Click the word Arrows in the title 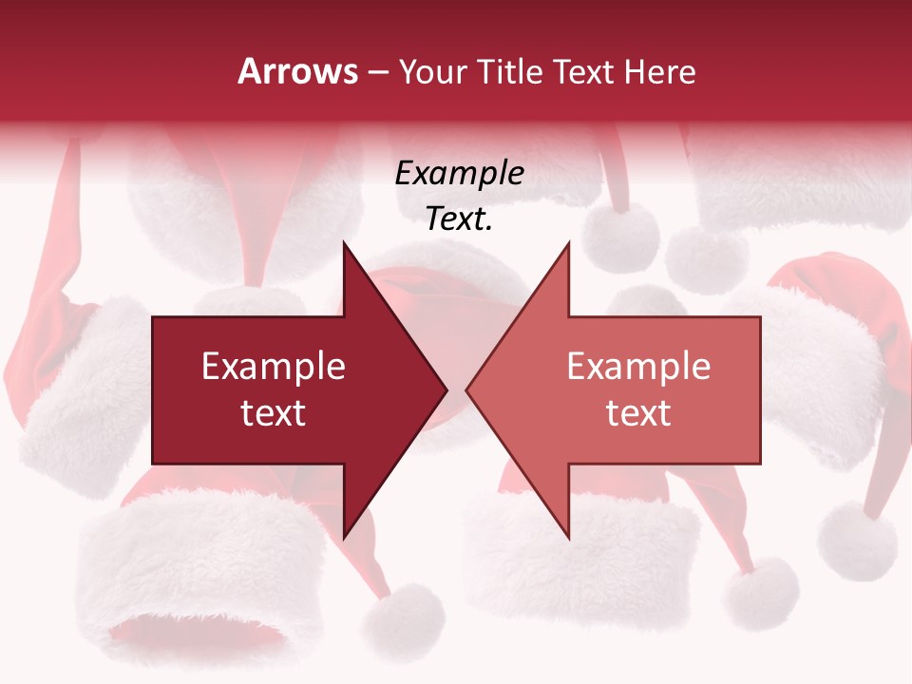pyautogui.click(x=298, y=71)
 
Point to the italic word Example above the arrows pyautogui.click(x=459, y=174)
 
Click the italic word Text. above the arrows pyautogui.click(x=459, y=219)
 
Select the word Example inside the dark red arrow pyautogui.click(x=274, y=367)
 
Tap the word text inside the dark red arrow pyautogui.click(x=274, y=413)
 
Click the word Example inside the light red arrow pyautogui.click(x=638, y=367)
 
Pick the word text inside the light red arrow pyautogui.click(x=638, y=413)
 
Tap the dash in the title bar pyautogui.click(x=378, y=72)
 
